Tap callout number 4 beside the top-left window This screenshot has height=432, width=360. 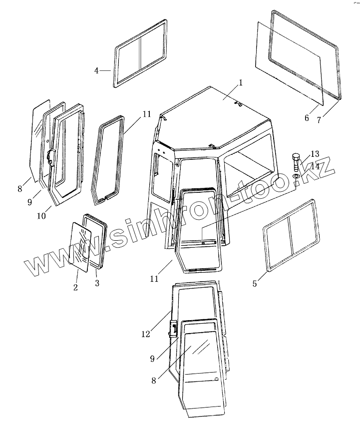point(97,71)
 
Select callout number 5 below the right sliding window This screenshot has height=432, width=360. point(255,284)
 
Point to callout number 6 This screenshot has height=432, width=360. point(307,118)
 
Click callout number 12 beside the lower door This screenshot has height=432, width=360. point(145,334)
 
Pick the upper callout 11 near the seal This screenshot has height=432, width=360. point(146,114)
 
